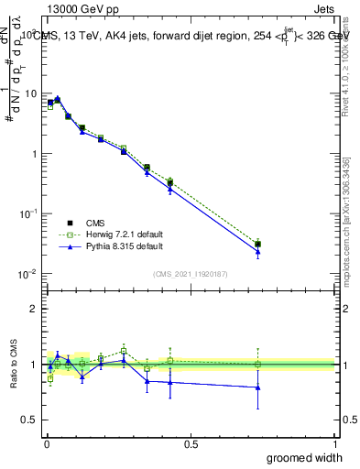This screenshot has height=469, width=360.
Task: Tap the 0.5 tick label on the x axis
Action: [191, 443]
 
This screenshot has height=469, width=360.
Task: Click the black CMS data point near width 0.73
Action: [258, 245]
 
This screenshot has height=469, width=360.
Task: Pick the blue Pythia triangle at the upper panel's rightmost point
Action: [258, 252]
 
